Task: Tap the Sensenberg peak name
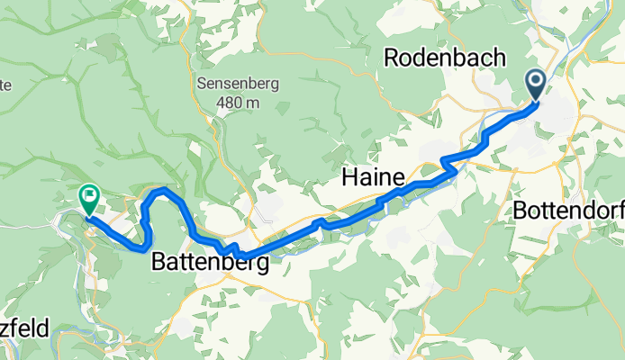238,84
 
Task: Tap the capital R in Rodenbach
392,58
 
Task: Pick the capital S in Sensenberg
202,84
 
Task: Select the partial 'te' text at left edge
5,85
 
